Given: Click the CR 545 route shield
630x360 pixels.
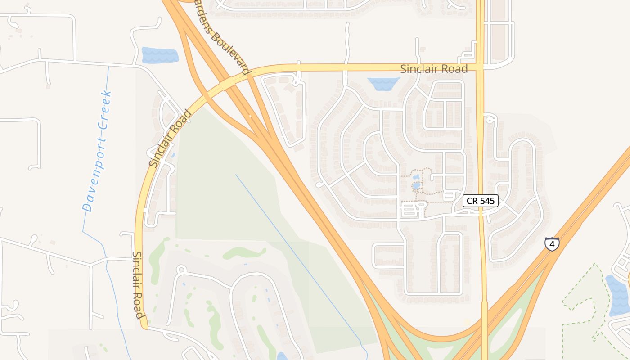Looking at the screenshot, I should click(x=480, y=201).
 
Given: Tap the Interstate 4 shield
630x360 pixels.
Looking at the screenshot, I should click(x=552, y=243).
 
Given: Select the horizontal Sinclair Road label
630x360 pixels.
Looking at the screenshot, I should click(x=434, y=69).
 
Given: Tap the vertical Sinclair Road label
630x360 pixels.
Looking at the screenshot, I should click(x=138, y=284).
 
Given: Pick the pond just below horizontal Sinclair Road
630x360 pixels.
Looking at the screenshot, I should click(x=383, y=83).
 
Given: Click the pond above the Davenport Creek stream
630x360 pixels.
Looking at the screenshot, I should click(x=160, y=55).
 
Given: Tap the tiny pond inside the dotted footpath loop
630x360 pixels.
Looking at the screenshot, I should click(x=416, y=185).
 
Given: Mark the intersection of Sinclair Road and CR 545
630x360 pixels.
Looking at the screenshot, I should click(x=481, y=67).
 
